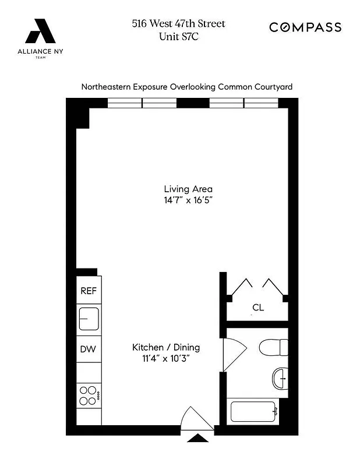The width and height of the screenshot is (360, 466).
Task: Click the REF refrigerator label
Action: pos(88,291)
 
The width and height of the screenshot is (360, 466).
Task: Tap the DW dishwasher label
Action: pos(88,349)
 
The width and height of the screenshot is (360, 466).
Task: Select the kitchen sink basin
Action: pos(89,319)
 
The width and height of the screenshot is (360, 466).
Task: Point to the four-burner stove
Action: pos(88,396)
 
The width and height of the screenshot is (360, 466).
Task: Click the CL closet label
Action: pos(258,308)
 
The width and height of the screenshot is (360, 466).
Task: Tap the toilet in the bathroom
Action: pos(274,347)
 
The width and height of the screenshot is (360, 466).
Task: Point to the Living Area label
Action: pos(188,189)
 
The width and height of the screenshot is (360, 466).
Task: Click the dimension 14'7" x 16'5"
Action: pos(188,200)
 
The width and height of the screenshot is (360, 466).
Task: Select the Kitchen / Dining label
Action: pos(166,347)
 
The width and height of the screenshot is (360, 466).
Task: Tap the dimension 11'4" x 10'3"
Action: pos(166,359)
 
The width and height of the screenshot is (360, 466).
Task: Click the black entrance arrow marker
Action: pos(199,439)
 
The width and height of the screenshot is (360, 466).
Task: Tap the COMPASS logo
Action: pos(305,27)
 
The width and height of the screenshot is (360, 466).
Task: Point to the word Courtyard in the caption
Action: pos(273,87)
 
